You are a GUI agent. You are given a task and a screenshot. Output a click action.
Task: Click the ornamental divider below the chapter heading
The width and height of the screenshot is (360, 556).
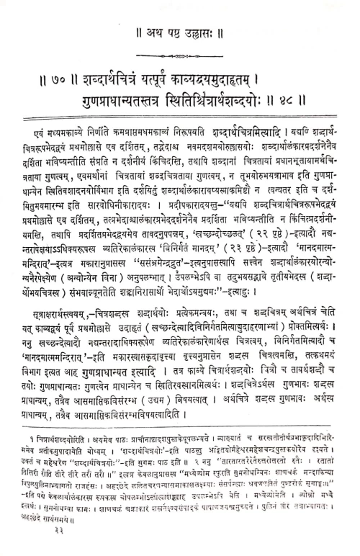(181, 54)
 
